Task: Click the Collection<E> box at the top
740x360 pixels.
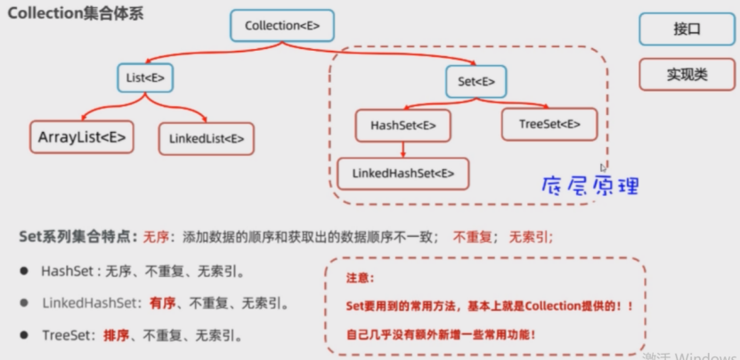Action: coord(281,26)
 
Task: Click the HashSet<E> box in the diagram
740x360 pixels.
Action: coord(403,126)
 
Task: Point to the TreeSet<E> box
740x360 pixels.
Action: coord(549,124)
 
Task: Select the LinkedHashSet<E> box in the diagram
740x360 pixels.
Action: coord(403,173)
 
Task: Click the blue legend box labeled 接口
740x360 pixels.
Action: coord(687,29)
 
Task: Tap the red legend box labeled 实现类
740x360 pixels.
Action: coord(687,75)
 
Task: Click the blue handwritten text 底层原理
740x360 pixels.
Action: coord(591,185)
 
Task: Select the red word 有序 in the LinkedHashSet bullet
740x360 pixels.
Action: coord(162,303)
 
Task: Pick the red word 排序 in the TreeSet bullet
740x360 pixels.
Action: coord(116,336)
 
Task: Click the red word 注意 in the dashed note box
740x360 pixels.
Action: coord(359,278)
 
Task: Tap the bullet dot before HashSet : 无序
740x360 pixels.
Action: coord(24,271)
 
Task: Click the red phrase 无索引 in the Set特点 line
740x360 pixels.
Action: coord(530,237)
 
